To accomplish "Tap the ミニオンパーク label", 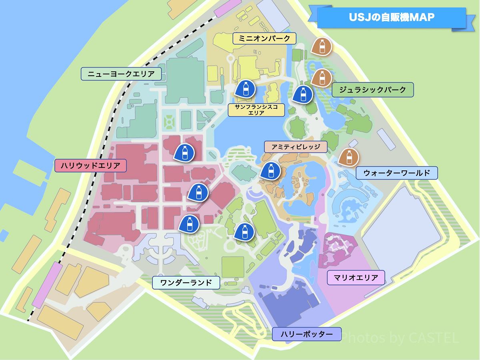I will pos(264,39).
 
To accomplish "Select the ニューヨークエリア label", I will pos(121,74).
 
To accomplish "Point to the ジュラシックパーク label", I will pos(372,90).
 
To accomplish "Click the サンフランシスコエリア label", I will pos(256,110).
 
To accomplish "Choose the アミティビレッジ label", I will pos(296,147).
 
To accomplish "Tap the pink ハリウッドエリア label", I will pos(90,166).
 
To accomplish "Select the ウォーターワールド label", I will pos(397,173).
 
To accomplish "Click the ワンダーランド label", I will pos(186,282).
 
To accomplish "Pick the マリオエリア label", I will pos(356,278).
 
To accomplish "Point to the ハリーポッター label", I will pos(306,334).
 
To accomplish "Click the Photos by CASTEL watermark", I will pos(400,338).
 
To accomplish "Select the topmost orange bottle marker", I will pos(322,46).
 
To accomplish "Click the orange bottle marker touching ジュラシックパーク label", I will pos(322,77).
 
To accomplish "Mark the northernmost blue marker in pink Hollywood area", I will pos(184,152).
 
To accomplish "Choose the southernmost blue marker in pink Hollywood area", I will pos(189,223).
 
